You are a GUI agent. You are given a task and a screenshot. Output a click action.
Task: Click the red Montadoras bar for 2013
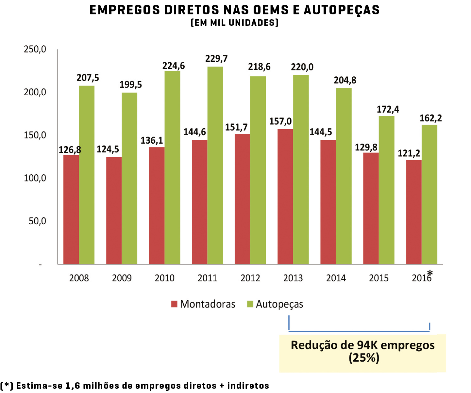285,196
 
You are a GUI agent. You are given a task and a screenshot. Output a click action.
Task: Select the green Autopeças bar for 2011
215,165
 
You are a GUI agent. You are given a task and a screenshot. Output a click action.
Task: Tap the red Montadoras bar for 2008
71,210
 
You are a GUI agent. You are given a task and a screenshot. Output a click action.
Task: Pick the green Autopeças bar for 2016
429,194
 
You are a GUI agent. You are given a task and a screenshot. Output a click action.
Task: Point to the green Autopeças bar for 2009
129,178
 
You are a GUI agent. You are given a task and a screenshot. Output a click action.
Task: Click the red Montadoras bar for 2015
371,208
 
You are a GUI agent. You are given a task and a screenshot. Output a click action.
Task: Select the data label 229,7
216,59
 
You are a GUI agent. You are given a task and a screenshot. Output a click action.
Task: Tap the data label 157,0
280,121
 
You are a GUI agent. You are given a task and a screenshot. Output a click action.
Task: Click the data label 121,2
409,153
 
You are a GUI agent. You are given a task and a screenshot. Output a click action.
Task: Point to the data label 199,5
131,85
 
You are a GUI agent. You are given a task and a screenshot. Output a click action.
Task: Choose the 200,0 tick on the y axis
35,92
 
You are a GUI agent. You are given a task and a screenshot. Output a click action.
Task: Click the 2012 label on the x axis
250,278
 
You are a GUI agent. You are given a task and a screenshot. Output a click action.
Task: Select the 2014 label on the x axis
336,278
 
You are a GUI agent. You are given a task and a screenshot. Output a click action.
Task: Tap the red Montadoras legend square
174,304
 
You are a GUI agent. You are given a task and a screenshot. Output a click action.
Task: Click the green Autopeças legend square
250,304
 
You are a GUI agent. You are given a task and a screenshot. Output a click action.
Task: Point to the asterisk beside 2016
430,273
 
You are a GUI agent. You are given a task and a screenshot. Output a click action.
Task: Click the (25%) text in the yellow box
364,358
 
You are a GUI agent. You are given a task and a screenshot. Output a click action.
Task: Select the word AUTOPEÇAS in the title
342,10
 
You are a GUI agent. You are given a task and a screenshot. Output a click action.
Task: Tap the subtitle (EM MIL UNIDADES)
234,23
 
